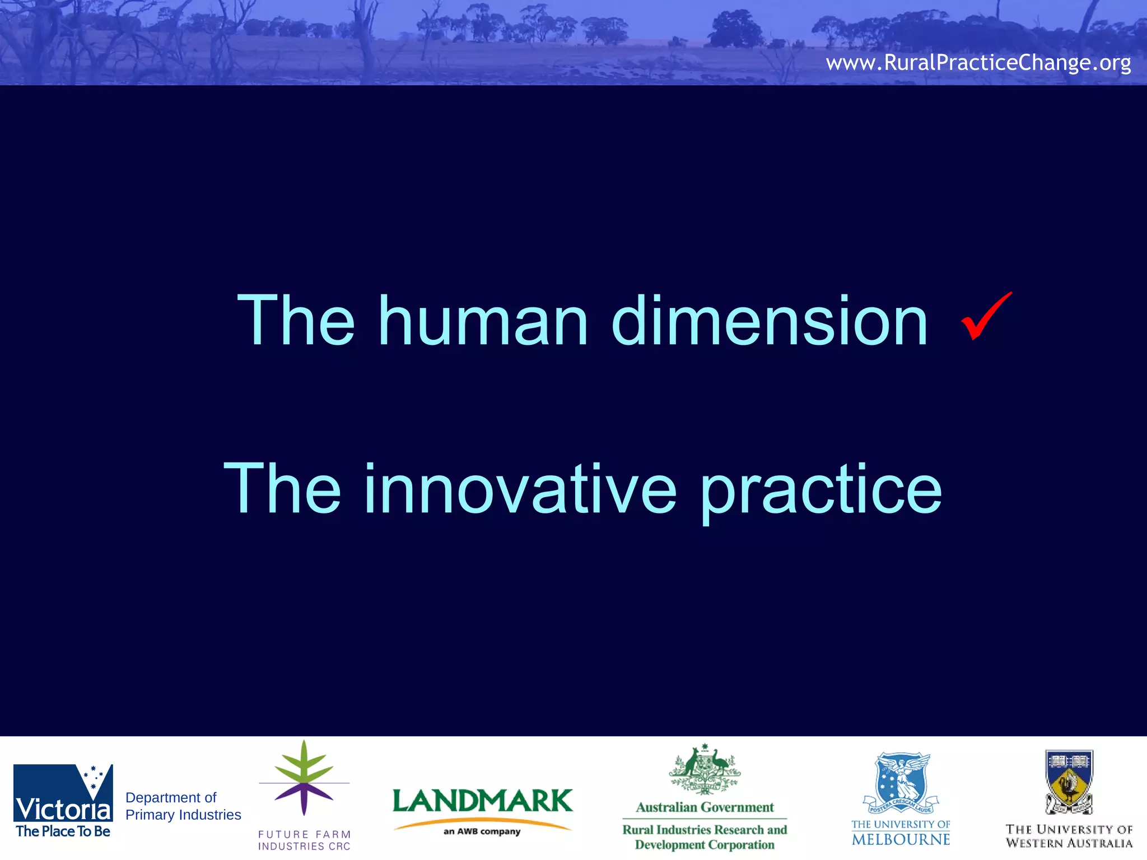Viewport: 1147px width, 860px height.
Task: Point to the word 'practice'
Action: pos(821,490)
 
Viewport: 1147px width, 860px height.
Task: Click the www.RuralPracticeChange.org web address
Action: pos(978,62)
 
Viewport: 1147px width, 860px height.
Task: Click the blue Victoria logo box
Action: pos(63,793)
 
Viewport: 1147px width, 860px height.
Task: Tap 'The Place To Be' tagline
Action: pos(63,831)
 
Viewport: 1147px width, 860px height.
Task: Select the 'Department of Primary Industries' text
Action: pos(183,806)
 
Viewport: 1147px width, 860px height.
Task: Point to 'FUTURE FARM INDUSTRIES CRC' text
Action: pos(304,840)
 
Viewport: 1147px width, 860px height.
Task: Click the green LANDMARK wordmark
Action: pos(482,801)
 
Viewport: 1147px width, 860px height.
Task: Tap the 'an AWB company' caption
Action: pos(482,831)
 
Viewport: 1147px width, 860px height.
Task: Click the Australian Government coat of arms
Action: pos(705,770)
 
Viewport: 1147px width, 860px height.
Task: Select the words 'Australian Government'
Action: pos(705,807)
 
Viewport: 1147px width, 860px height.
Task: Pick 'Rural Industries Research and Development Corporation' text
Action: pos(705,837)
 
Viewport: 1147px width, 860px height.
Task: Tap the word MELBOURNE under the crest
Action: pos(901,839)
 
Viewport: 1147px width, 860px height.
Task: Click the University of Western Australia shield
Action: pos(1069,782)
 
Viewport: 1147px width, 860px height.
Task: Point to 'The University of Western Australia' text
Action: pos(1069,836)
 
